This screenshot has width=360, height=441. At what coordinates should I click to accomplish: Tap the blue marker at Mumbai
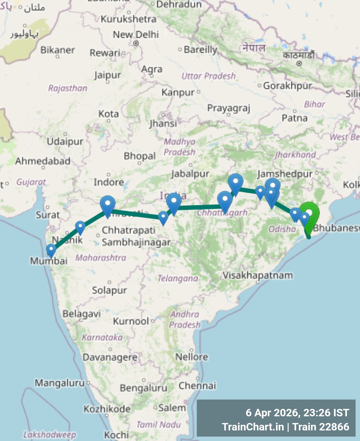[51, 250]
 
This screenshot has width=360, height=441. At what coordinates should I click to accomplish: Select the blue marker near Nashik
[80, 227]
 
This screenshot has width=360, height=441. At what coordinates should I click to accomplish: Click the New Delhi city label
[136, 35]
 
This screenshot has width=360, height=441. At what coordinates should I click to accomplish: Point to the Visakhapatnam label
[258, 275]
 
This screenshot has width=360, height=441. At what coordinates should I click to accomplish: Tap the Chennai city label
[197, 386]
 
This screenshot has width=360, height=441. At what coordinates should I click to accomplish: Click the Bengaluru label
[143, 388]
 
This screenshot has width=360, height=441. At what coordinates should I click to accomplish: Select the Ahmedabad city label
[43, 161]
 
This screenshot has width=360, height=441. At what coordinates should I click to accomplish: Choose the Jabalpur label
[190, 174]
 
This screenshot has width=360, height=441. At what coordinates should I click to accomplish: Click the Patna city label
[294, 118]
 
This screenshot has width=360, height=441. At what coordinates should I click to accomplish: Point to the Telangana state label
[178, 278]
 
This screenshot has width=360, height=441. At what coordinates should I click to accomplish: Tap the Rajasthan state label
[68, 88]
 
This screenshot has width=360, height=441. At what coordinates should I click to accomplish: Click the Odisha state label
[282, 229]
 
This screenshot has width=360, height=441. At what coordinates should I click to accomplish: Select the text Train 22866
[321, 427]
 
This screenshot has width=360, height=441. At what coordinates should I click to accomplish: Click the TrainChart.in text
[253, 427]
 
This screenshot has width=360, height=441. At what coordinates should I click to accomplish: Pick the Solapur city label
[109, 290]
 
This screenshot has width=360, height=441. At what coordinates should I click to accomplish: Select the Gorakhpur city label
[288, 86]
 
